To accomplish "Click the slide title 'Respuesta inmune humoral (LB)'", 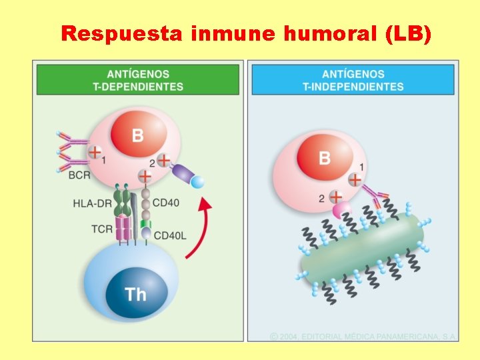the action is [246, 34].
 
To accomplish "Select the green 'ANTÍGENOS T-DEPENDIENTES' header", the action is [137, 80].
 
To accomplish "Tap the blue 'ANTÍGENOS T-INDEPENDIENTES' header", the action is [353, 80].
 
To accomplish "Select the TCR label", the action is [102, 229].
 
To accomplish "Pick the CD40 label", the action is [165, 203].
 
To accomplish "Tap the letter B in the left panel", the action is [137, 135].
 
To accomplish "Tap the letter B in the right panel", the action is [325, 158].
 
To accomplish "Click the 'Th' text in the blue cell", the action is [135, 294].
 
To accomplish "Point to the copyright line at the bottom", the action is [363, 337].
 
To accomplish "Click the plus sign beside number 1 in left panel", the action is [95, 153].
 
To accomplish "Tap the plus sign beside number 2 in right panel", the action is [337, 197].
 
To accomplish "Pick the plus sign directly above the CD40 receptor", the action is [145, 177].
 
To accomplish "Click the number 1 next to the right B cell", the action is [361, 167].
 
